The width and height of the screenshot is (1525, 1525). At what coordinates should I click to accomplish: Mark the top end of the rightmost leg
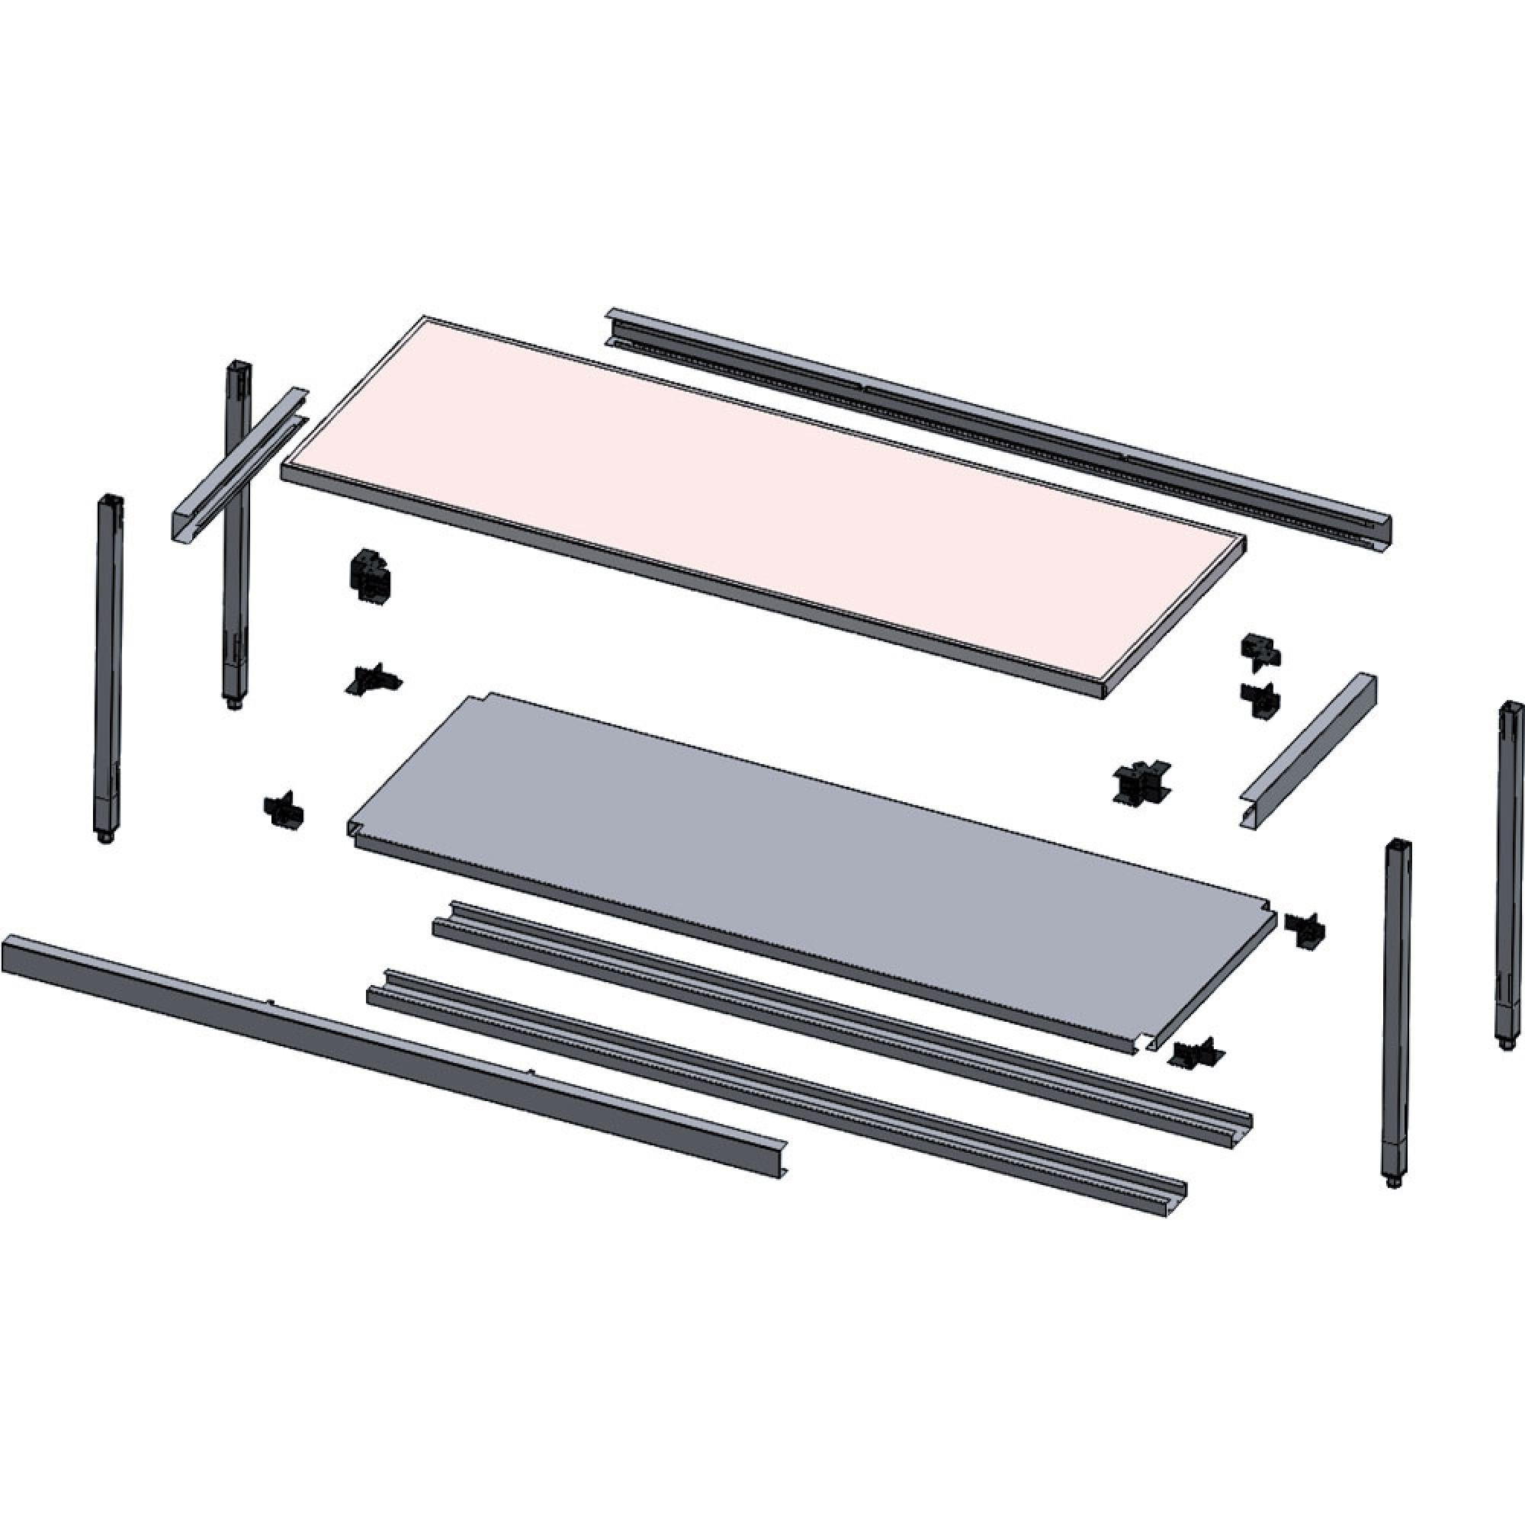coord(1509,708)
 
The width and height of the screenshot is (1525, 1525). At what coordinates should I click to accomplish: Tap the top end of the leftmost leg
coord(111,501)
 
